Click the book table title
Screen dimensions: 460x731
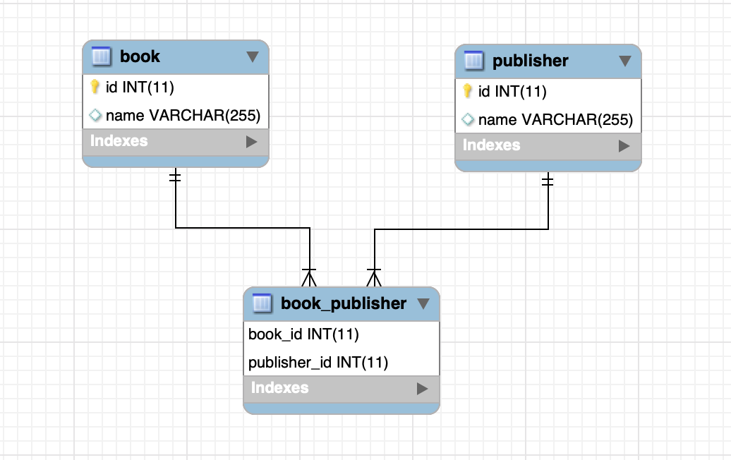tap(140, 57)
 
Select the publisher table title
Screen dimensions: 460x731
tap(530, 61)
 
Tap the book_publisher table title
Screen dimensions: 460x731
tap(343, 304)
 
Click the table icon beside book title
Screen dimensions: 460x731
tap(102, 57)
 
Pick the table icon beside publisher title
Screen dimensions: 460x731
tap(474, 61)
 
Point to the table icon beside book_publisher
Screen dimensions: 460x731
tap(262, 304)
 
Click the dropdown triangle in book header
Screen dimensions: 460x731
tap(253, 57)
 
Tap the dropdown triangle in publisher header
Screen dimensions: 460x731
tap(624, 61)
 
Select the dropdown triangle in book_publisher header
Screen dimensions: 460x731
tap(423, 304)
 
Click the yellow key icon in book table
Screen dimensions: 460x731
tap(95, 87)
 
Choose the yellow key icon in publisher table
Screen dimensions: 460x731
tap(467, 92)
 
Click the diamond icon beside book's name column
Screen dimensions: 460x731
tap(95, 115)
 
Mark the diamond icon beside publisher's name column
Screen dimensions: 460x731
tap(467, 120)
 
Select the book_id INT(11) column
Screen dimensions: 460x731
tap(304, 334)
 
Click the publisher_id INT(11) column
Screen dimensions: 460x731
tap(318, 363)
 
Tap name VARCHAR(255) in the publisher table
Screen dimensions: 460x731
tap(555, 120)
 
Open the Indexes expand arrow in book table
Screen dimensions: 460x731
tap(251, 142)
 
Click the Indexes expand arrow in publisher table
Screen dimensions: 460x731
tap(624, 146)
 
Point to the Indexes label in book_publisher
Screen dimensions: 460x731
tap(279, 388)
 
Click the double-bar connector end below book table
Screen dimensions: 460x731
tap(176, 176)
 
